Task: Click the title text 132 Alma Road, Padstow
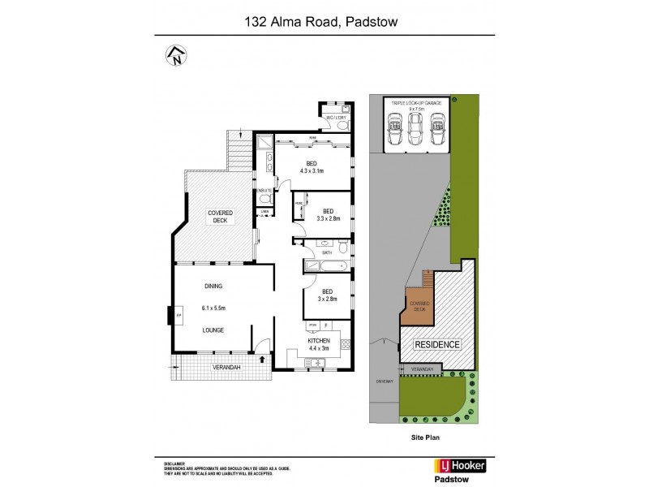(324, 24)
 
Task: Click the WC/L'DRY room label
(335, 119)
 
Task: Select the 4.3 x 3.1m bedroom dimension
(312, 171)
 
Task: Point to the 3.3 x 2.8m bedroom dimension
(328, 218)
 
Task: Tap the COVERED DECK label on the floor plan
(220, 216)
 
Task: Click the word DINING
(214, 287)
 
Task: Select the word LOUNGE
(214, 330)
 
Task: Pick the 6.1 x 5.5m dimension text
(214, 308)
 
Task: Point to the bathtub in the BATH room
(328, 265)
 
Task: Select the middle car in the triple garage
(416, 127)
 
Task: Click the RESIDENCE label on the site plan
(437, 344)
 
